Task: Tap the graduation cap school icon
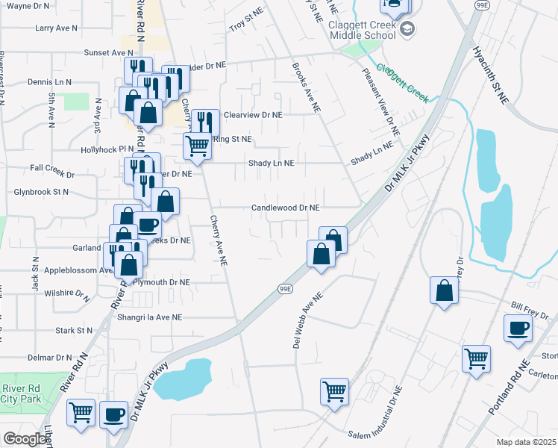[407, 29]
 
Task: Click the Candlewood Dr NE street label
[285, 208]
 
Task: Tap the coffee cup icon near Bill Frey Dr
[518, 328]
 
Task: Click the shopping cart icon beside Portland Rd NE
[476, 358]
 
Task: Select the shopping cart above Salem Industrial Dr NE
[334, 391]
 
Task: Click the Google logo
[24, 439]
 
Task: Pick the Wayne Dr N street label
[28, 6]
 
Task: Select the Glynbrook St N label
[41, 192]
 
